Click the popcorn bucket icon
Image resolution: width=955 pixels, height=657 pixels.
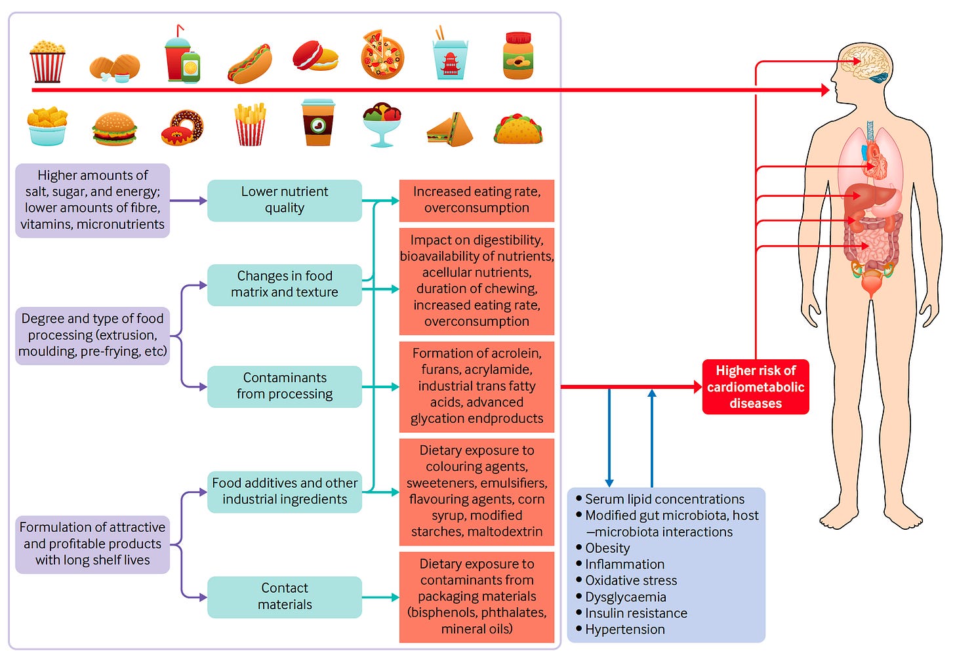(47, 61)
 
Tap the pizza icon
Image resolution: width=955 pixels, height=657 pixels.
(382, 55)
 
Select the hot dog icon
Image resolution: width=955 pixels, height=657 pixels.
(250, 64)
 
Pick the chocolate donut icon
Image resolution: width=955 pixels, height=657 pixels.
(182, 127)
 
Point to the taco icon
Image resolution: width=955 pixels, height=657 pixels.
(518, 128)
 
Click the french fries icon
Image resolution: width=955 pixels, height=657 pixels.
(250, 125)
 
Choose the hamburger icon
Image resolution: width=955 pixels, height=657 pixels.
(115, 128)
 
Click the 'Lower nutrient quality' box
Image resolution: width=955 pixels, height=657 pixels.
(285, 200)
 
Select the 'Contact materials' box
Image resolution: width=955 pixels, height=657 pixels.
(285, 597)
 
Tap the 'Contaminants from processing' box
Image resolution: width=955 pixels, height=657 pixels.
(285, 386)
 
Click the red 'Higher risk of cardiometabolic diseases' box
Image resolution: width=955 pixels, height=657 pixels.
(756, 387)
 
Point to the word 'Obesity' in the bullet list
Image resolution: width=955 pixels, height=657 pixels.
(607, 548)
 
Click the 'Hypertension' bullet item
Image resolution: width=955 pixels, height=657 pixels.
(624, 629)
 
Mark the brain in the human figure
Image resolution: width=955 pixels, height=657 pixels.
(866, 63)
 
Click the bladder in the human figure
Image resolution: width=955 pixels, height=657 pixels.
(871, 285)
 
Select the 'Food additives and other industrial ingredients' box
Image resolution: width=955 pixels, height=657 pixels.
(285, 491)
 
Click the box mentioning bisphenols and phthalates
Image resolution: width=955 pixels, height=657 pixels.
(477, 597)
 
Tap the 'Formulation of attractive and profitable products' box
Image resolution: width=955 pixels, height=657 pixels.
(92, 544)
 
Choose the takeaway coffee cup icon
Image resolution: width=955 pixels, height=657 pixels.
(318, 123)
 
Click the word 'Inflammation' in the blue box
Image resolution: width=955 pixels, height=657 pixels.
(624, 565)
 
